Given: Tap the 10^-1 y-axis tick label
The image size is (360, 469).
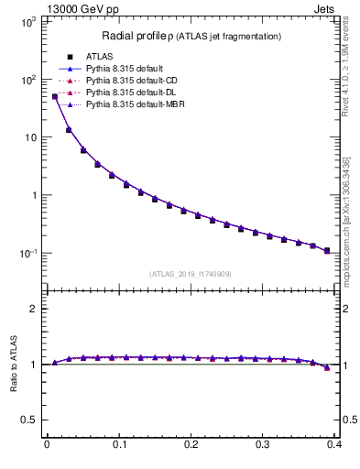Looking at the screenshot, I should tap(26, 254).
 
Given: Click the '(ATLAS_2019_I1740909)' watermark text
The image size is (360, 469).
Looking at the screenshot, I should tap(191, 273).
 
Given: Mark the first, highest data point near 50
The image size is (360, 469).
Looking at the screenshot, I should tap(54, 96).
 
